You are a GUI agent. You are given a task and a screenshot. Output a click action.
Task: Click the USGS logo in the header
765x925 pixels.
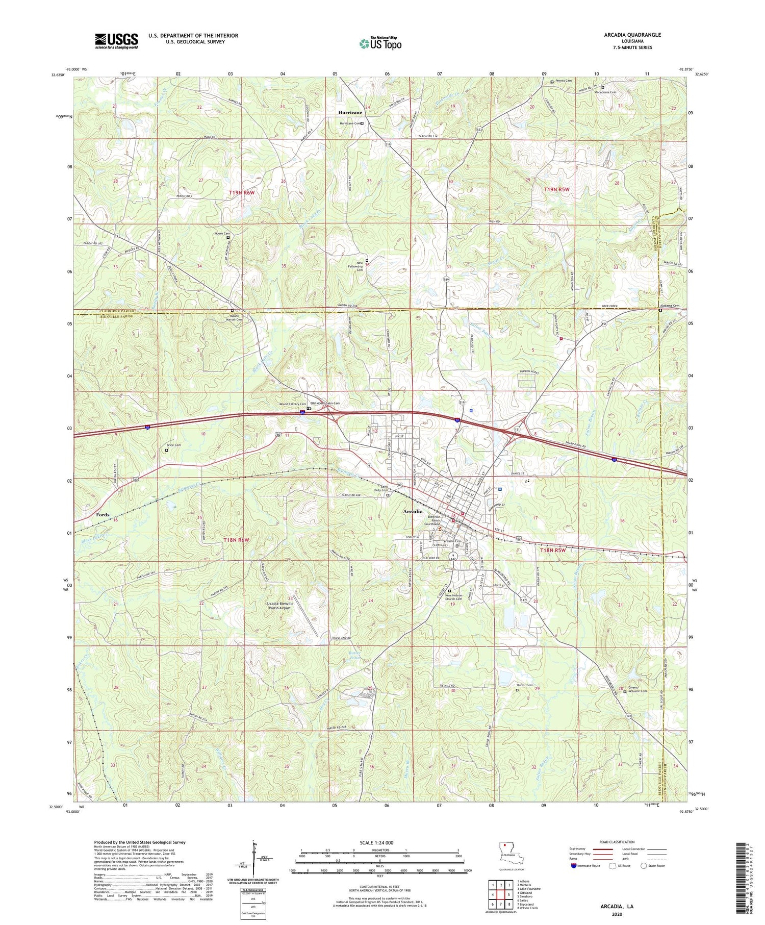coord(116,41)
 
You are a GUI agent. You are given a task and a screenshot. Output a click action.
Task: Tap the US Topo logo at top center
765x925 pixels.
coord(380,44)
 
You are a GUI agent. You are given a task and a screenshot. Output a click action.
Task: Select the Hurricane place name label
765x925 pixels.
coord(350,112)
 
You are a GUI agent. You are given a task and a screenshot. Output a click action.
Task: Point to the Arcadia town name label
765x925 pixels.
coord(413,511)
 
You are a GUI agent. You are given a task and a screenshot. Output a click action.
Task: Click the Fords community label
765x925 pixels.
coord(103,515)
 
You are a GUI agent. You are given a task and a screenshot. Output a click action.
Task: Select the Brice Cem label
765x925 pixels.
coord(174,445)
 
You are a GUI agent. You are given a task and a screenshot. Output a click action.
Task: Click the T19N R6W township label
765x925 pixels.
coord(241,192)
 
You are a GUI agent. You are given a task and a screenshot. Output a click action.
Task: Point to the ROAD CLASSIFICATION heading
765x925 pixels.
coord(617,842)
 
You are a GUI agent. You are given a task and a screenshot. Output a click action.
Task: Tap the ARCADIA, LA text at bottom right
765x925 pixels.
coord(616,906)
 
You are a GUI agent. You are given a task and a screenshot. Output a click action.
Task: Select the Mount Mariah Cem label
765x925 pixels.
coord(232,319)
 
